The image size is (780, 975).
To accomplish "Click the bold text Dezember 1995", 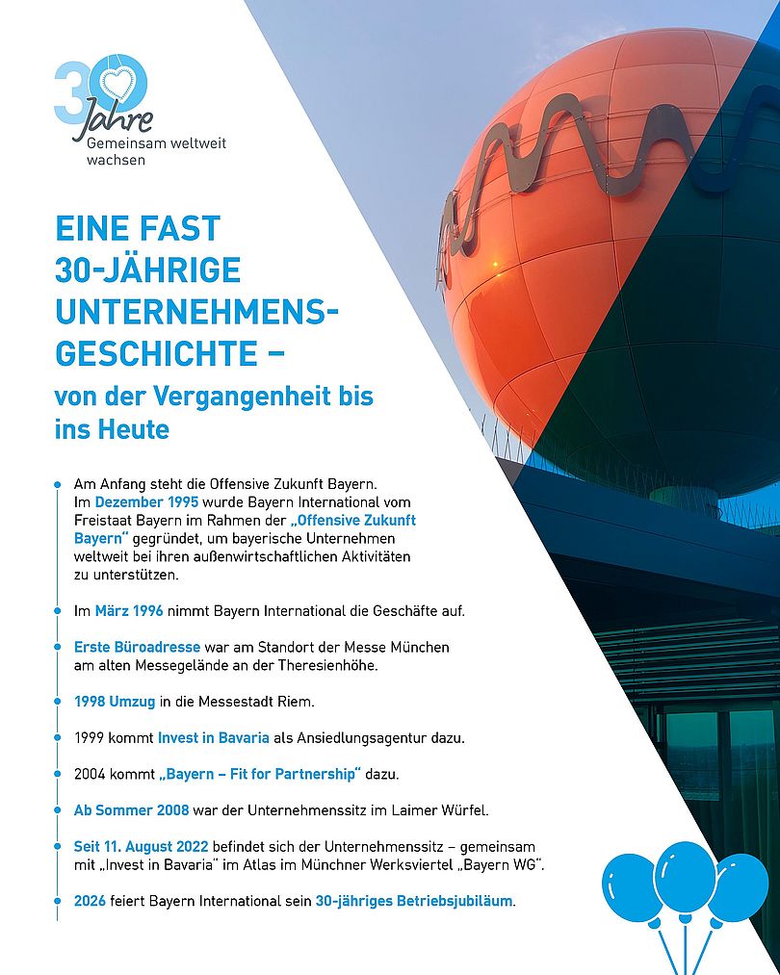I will tap(146, 502).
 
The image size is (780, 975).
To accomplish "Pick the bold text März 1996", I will tap(129, 610).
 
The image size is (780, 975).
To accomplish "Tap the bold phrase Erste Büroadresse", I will tap(137, 647).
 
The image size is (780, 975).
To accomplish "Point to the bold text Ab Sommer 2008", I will tap(131, 809).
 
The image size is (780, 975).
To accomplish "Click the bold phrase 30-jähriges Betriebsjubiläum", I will tap(414, 902).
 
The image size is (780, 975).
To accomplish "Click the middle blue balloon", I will tap(685, 876).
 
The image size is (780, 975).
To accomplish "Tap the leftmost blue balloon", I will tap(632, 887).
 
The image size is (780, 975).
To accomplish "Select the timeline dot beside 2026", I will tap(57, 902).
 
